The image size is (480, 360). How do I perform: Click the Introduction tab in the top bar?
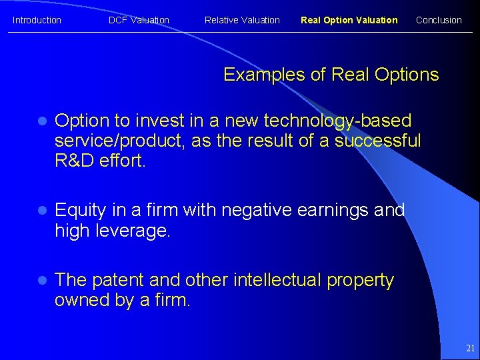pyautogui.click(x=37, y=20)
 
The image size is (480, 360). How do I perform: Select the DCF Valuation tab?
pyautogui.click(x=139, y=20)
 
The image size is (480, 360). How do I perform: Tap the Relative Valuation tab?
pyautogui.click(x=242, y=20)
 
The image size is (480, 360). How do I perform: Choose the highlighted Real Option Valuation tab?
pyautogui.click(x=349, y=20)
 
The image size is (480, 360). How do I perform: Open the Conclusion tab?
pyautogui.click(x=439, y=20)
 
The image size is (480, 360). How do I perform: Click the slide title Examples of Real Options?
pyautogui.click(x=331, y=75)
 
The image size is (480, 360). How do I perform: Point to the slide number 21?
pyautogui.click(x=470, y=348)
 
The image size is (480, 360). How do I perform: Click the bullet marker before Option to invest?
pyautogui.click(x=41, y=121)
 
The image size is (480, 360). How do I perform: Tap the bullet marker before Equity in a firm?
pyautogui.click(x=41, y=211)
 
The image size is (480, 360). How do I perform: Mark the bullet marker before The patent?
pyautogui.click(x=41, y=281)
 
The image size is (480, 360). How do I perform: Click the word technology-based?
pyautogui.click(x=338, y=121)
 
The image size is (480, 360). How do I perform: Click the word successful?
pyautogui.click(x=377, y=141)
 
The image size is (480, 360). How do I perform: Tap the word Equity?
pyautogui.click(x=80, y=211)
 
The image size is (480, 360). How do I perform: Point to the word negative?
pyautogui.click(x=256, y=211)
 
